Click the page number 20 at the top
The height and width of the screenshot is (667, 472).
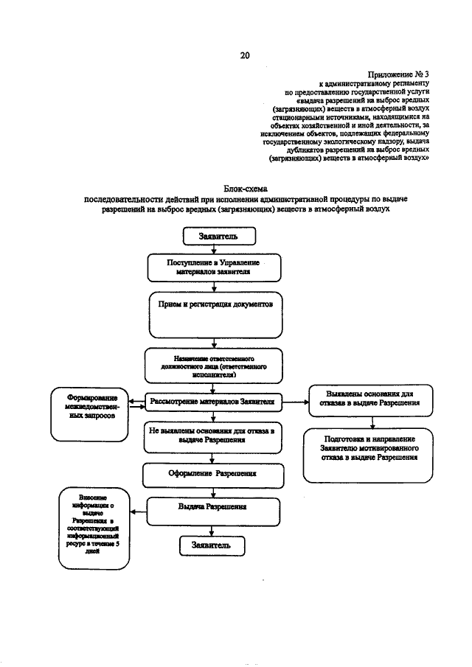[x=245, y=55]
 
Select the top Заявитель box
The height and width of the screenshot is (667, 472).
[x=219, y=236]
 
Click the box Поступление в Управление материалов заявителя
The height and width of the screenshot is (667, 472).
[x=214, y=267]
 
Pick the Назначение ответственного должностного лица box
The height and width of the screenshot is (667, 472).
[x=213, y=364]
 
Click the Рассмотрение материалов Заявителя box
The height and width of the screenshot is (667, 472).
[x=212, y=402]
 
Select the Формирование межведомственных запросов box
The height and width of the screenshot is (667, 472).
[x=88, y=411]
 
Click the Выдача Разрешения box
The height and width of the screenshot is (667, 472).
[x=212, y=508]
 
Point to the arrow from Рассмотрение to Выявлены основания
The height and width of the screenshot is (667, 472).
[x=295, y=402]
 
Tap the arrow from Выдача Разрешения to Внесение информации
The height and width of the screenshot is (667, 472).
[x=138, y=509]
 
